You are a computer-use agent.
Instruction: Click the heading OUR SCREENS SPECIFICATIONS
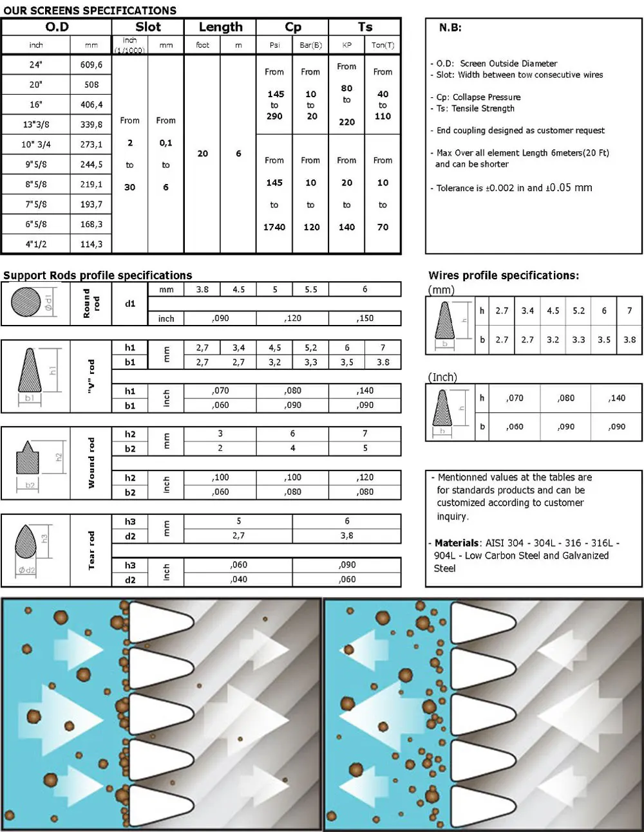(90, 10)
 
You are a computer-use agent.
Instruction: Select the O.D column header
(57, 27)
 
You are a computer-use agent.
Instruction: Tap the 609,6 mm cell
(91, 64)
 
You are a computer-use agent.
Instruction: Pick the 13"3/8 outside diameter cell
(35, 124)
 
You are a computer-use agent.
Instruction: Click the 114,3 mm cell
(91, 244)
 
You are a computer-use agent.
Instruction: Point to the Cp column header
(292, 27)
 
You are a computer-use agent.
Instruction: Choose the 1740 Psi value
(274, 226)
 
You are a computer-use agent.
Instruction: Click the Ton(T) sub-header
(383, 45)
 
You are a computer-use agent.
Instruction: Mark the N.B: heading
(450, 28)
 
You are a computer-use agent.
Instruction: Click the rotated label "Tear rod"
(91, 550)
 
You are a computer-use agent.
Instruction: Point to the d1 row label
(130, 303)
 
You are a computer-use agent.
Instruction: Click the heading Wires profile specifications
(503, 275)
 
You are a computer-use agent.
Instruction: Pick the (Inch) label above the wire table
(442, 377)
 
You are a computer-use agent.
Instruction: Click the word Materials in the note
(457, 543)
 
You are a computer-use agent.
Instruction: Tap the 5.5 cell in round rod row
(310, 290)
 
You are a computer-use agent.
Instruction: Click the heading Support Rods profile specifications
(97, 275)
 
